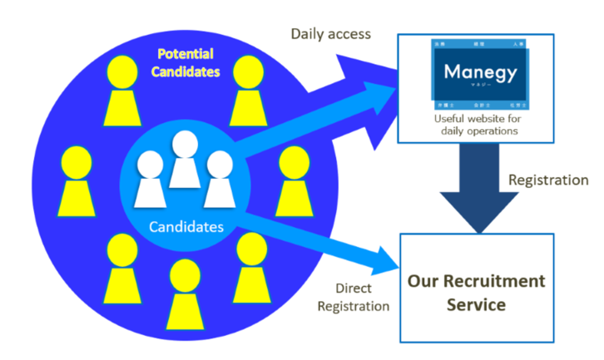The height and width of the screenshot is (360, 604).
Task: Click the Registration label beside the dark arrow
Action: click(548, 180)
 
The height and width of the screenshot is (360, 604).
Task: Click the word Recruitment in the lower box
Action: click(501, 281)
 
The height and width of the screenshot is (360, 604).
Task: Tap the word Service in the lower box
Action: click(476, 305)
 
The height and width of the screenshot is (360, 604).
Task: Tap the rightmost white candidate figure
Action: click(219, 178)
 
